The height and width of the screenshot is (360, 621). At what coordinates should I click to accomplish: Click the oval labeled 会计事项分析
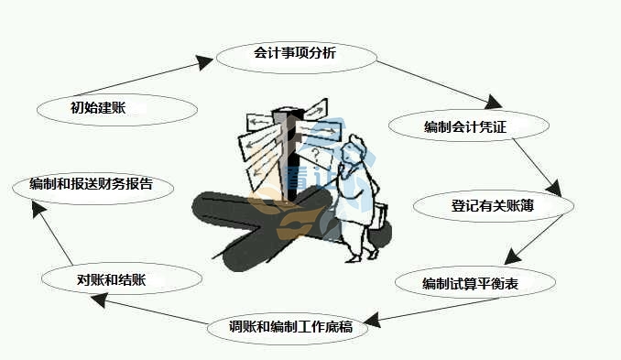pyautogui.click(x=296, y=54)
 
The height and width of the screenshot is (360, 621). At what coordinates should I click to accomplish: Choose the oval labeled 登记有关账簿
pyautogui.click(x=493, y=206)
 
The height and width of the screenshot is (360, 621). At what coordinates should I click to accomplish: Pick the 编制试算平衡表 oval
pyautogui.click(x=476, y=283)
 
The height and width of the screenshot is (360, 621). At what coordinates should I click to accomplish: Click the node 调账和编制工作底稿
pyautogui.click(x=291, y=326)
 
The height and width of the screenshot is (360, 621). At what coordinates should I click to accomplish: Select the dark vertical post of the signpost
pyautogui.click(x=290, y=174)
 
